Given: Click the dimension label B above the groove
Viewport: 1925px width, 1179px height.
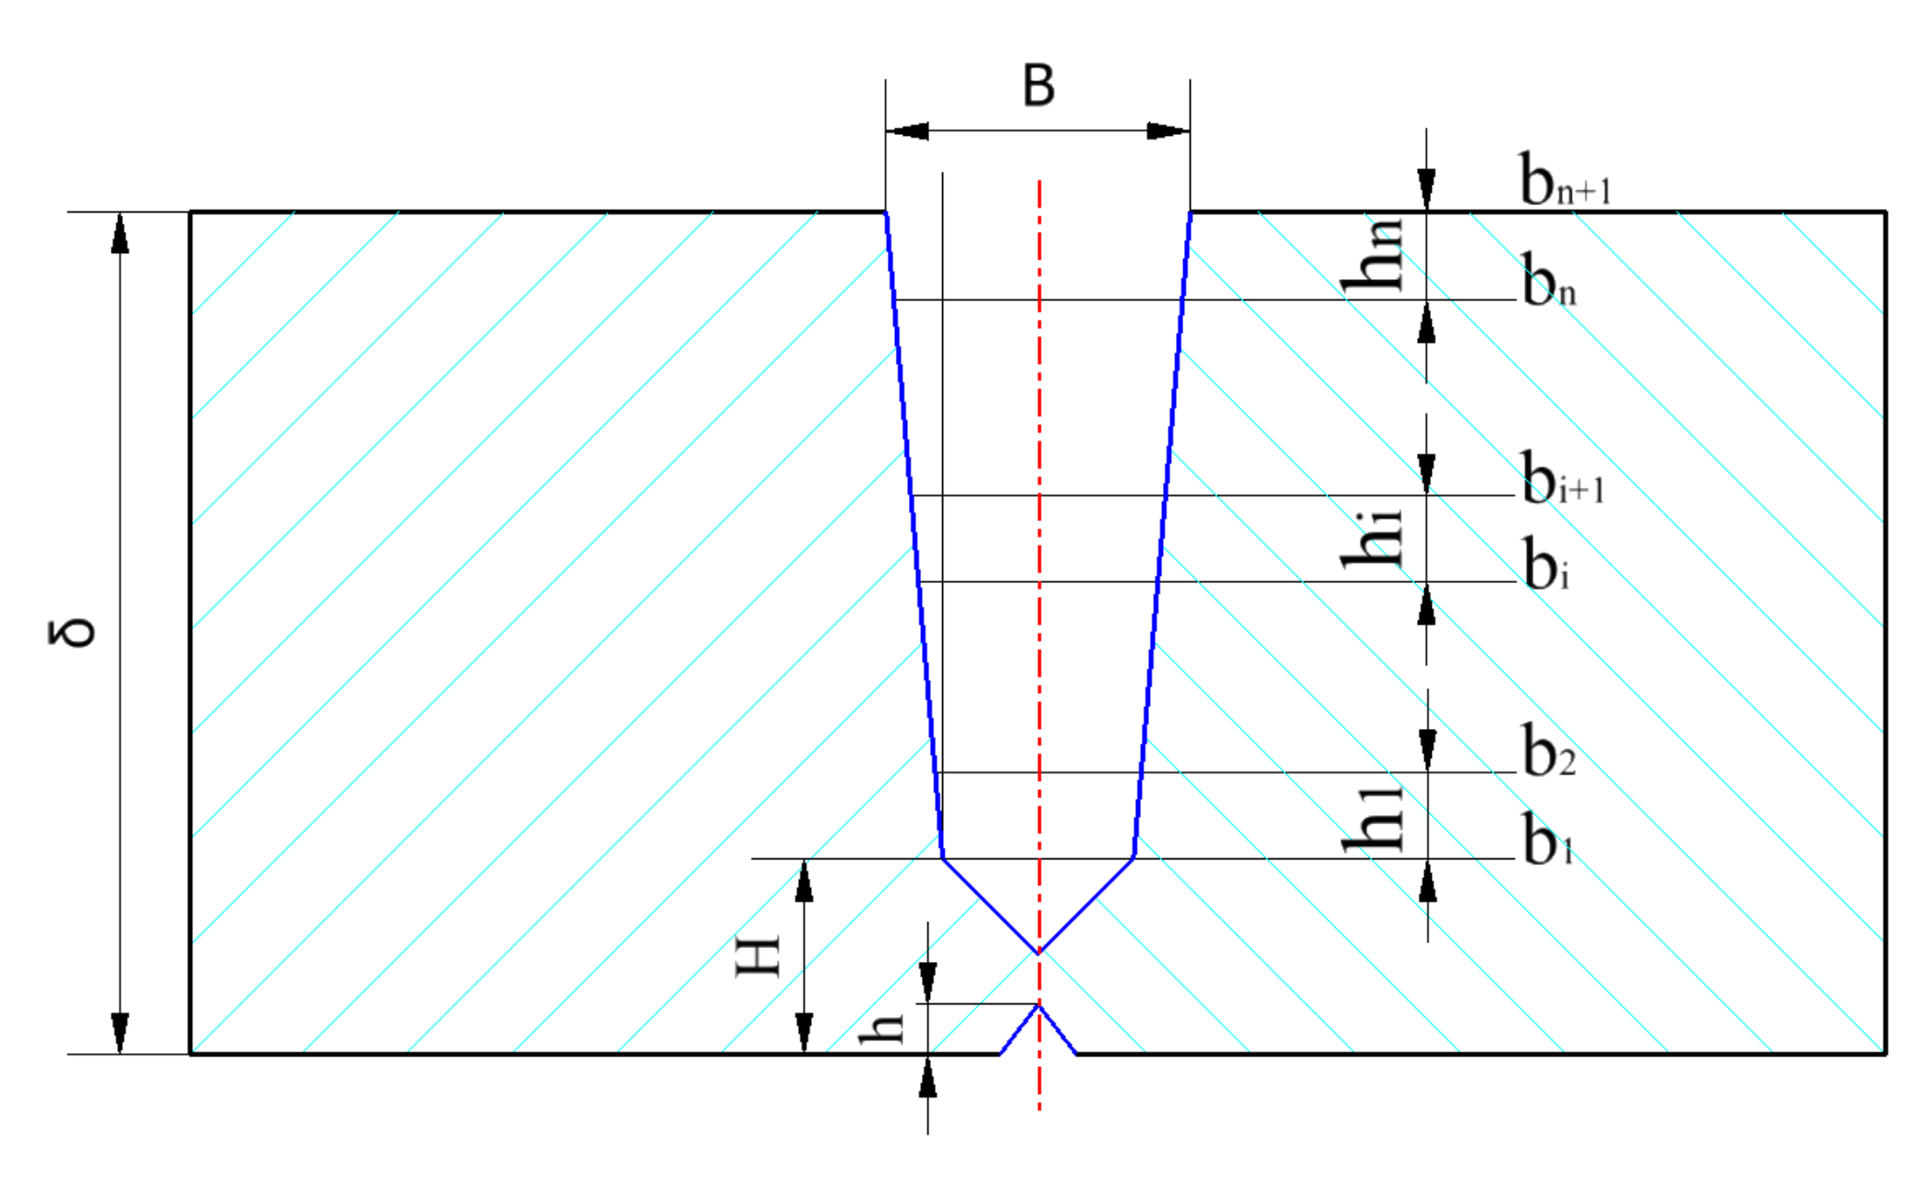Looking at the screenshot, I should [x=1038, y=86].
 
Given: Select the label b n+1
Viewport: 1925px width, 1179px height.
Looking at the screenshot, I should [x=1564, y=179].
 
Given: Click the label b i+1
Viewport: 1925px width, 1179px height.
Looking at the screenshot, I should [x=1562, y=479].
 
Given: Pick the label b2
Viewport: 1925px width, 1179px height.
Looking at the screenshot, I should [x=1547, y=750].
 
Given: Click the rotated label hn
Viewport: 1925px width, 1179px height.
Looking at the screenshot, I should [x=1373, y=256].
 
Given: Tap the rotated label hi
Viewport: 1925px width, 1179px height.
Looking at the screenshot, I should [x=1373, y=539].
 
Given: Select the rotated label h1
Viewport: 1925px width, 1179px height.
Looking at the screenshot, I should [x=1373, y=819].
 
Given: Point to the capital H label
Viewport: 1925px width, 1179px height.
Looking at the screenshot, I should [x=757, y=956].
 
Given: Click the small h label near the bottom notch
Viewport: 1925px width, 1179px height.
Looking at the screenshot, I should [x=881, y=1028].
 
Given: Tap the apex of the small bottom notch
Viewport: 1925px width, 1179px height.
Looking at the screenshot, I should [x=1039, y=1005].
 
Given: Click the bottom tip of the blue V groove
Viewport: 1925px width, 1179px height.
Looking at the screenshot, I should [x=1039, y=952].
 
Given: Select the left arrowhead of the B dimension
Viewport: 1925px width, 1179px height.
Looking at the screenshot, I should [x=906, y=131].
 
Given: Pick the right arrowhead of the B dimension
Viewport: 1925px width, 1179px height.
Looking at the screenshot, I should [x=1168, y=131].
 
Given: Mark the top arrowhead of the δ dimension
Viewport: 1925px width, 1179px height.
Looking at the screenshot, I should [x=120, y=233].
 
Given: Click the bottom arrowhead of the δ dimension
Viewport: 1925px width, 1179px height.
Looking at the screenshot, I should [x=120, y=1033].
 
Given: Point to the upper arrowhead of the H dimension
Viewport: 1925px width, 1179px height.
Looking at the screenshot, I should [x=805, y=881].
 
